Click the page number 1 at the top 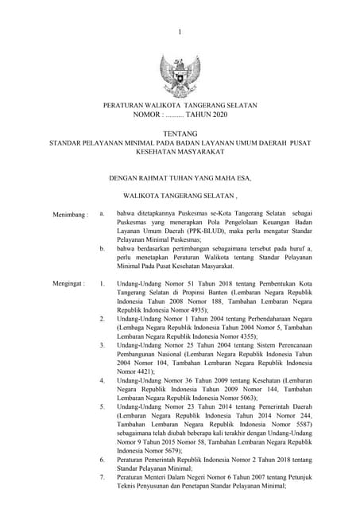(x=180, y=31)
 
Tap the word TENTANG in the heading (x=180, y=133)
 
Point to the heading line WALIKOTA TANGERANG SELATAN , (x=180, y=194)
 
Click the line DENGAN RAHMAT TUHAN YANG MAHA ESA (x=180, y=177)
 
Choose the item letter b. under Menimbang (x=102, y=248)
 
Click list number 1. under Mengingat (x=102, y=282)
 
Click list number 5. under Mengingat (x=102, y=406)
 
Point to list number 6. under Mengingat (x=102, y=460)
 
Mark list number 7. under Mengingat (x=102, y=476)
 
